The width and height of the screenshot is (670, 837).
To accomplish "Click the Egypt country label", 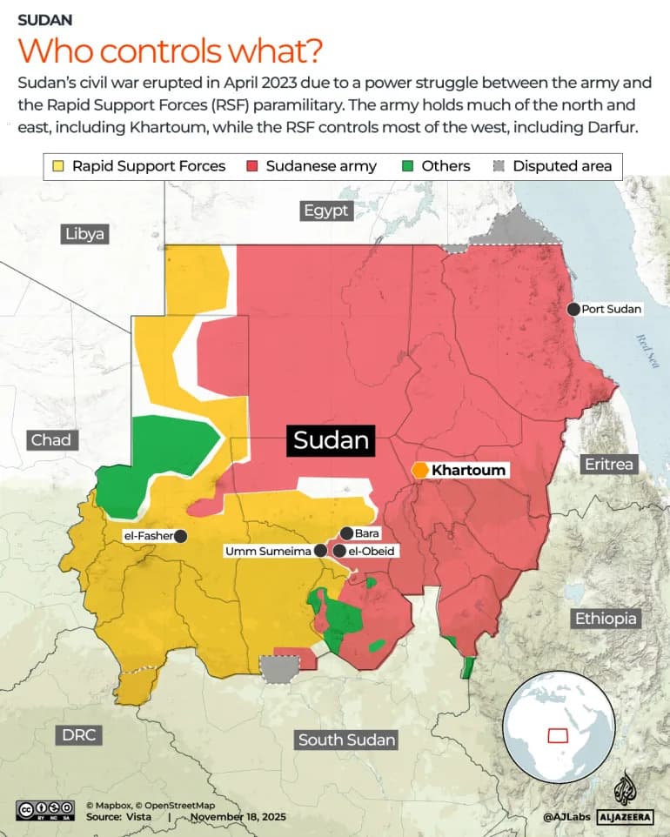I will pyautogui.click(x=325, y=211).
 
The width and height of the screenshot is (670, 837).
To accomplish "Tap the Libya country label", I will pyautogui.click(x=84, y=233).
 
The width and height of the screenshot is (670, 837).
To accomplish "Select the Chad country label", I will pyautogui.click(x=50, y=439).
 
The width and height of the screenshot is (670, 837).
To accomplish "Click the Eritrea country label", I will pyautogui.click(x=608, y=464).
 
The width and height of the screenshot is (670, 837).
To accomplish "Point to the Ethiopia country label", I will pyautogui.click(x=606, y=619).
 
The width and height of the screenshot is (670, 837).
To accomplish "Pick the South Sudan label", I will pyautogui.click(x=346, y=740).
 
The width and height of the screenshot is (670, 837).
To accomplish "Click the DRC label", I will pyautogui.click(x=78, y=734).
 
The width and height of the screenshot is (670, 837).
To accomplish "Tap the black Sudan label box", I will pyautogui.click(x=332, y=440).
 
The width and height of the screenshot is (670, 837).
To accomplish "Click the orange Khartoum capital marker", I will pyautogui.click(x=420, y=470).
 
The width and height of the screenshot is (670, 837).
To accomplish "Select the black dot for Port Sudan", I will pyautogui.click(x=573, y=309).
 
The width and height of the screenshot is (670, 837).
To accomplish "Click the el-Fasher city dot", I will pyautogui.click(x=181, y=536).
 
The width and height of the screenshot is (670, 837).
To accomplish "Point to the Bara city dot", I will pyautogui.click(x=346, y=533).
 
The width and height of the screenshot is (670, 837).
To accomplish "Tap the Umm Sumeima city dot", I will pyautogui.click(x=320, y=551).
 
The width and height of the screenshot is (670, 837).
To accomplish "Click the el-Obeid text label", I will pyautogui.click(x=372, y=551).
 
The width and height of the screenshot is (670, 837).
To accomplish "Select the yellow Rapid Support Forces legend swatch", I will pyautogui.click(x=58, y=165).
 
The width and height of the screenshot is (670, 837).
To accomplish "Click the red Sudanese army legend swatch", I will pyautogui.click(x=252, y=165).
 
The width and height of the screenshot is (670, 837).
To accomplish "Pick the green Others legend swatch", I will pyautogui.click(x=408, y=165).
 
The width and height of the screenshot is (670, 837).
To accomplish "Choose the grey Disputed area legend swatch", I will pyautogui.click(x=499, y=165).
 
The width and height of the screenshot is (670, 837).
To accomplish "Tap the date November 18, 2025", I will pyautogui.click(x=238, y=817).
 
